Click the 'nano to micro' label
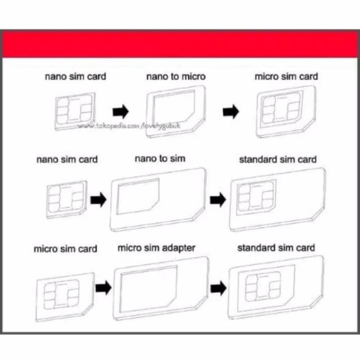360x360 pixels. (x=176, y=76)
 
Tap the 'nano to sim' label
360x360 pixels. (x=160, y=159)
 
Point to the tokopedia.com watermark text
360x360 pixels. (x=129, y=126)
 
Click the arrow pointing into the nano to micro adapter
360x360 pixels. (x=120, y=111)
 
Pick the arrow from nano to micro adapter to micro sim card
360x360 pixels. (x=231, y=111)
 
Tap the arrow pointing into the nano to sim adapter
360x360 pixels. (x=98, y=200)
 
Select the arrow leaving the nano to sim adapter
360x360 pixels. (x=218, y=200)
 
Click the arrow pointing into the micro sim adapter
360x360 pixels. (x=103, y=287)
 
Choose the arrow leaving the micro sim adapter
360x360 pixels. (x=218, y=288)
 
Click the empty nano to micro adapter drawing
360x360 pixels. (x=175, y=111)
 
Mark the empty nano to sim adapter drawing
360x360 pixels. (x=158, y=199)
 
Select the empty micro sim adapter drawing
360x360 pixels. (x=161, y=288)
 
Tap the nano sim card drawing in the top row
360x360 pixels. (x=75, y=111)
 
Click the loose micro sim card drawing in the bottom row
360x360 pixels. (x=65, y=297)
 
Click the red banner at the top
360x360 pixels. (x=180, y=44)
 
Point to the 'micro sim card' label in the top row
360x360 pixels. (x=286, y=76)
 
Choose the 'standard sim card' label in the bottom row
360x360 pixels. (x=276, y=248)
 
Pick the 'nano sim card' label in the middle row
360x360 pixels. (x=67, y=159)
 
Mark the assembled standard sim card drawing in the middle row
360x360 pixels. (x=277, y=199)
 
